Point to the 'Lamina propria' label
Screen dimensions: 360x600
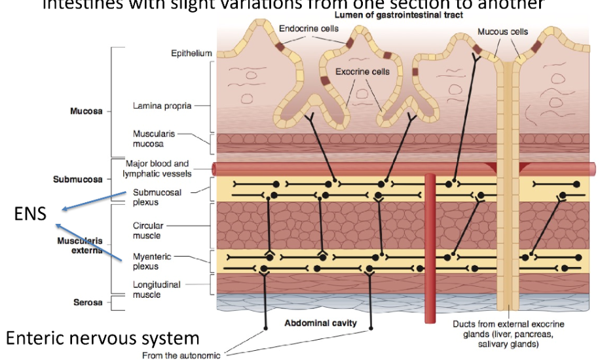[x=162, y=105]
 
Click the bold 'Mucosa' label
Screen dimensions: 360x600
[x=86, y=111]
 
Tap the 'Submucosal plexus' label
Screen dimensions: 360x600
[x=157, y=197]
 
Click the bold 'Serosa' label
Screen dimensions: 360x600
[x=87, y=303]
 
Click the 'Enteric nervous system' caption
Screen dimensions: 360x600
[x=102, y=338]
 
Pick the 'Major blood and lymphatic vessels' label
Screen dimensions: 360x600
[x=157, y=168]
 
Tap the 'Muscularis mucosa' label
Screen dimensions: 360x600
[x=152, y=139]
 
